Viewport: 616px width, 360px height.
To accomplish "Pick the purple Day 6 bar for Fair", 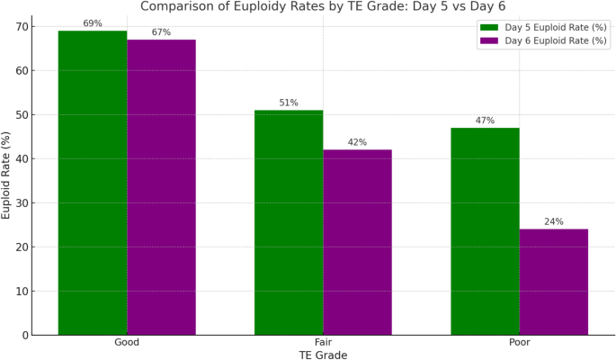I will click(357, 242).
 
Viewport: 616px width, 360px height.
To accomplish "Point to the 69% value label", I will click(93, 23).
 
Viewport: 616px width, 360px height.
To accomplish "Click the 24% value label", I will click(553, 221).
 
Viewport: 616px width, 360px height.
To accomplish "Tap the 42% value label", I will click(357, 142).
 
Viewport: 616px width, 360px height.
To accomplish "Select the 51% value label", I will click(289, 103).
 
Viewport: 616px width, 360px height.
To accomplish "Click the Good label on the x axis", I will click(127, 343).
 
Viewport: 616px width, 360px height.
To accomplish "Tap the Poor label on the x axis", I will click(519, 343).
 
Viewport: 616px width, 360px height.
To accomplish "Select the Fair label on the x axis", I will click(323, 343).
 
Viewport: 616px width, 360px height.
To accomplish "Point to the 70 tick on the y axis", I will click(21, 27).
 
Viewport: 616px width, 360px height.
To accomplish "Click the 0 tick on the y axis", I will click(24, 335).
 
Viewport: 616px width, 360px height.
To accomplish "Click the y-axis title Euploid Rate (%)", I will click(7, 175).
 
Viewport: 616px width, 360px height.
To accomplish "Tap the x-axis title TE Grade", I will click(323, 355).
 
